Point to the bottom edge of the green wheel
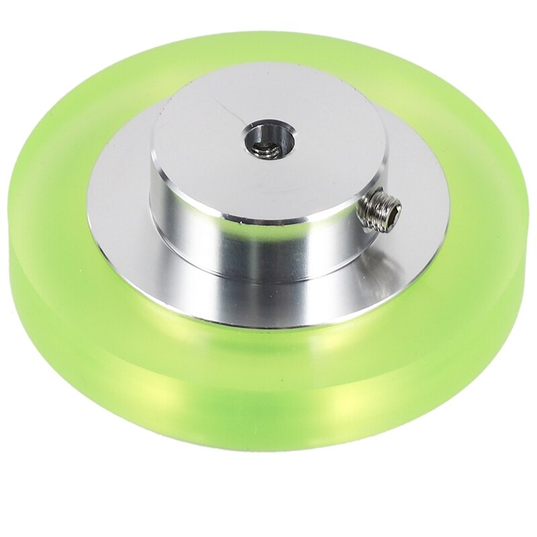pyautogui.click(x=268, y=448)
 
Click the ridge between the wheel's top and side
pyautogui.click(x=101, y=322)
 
